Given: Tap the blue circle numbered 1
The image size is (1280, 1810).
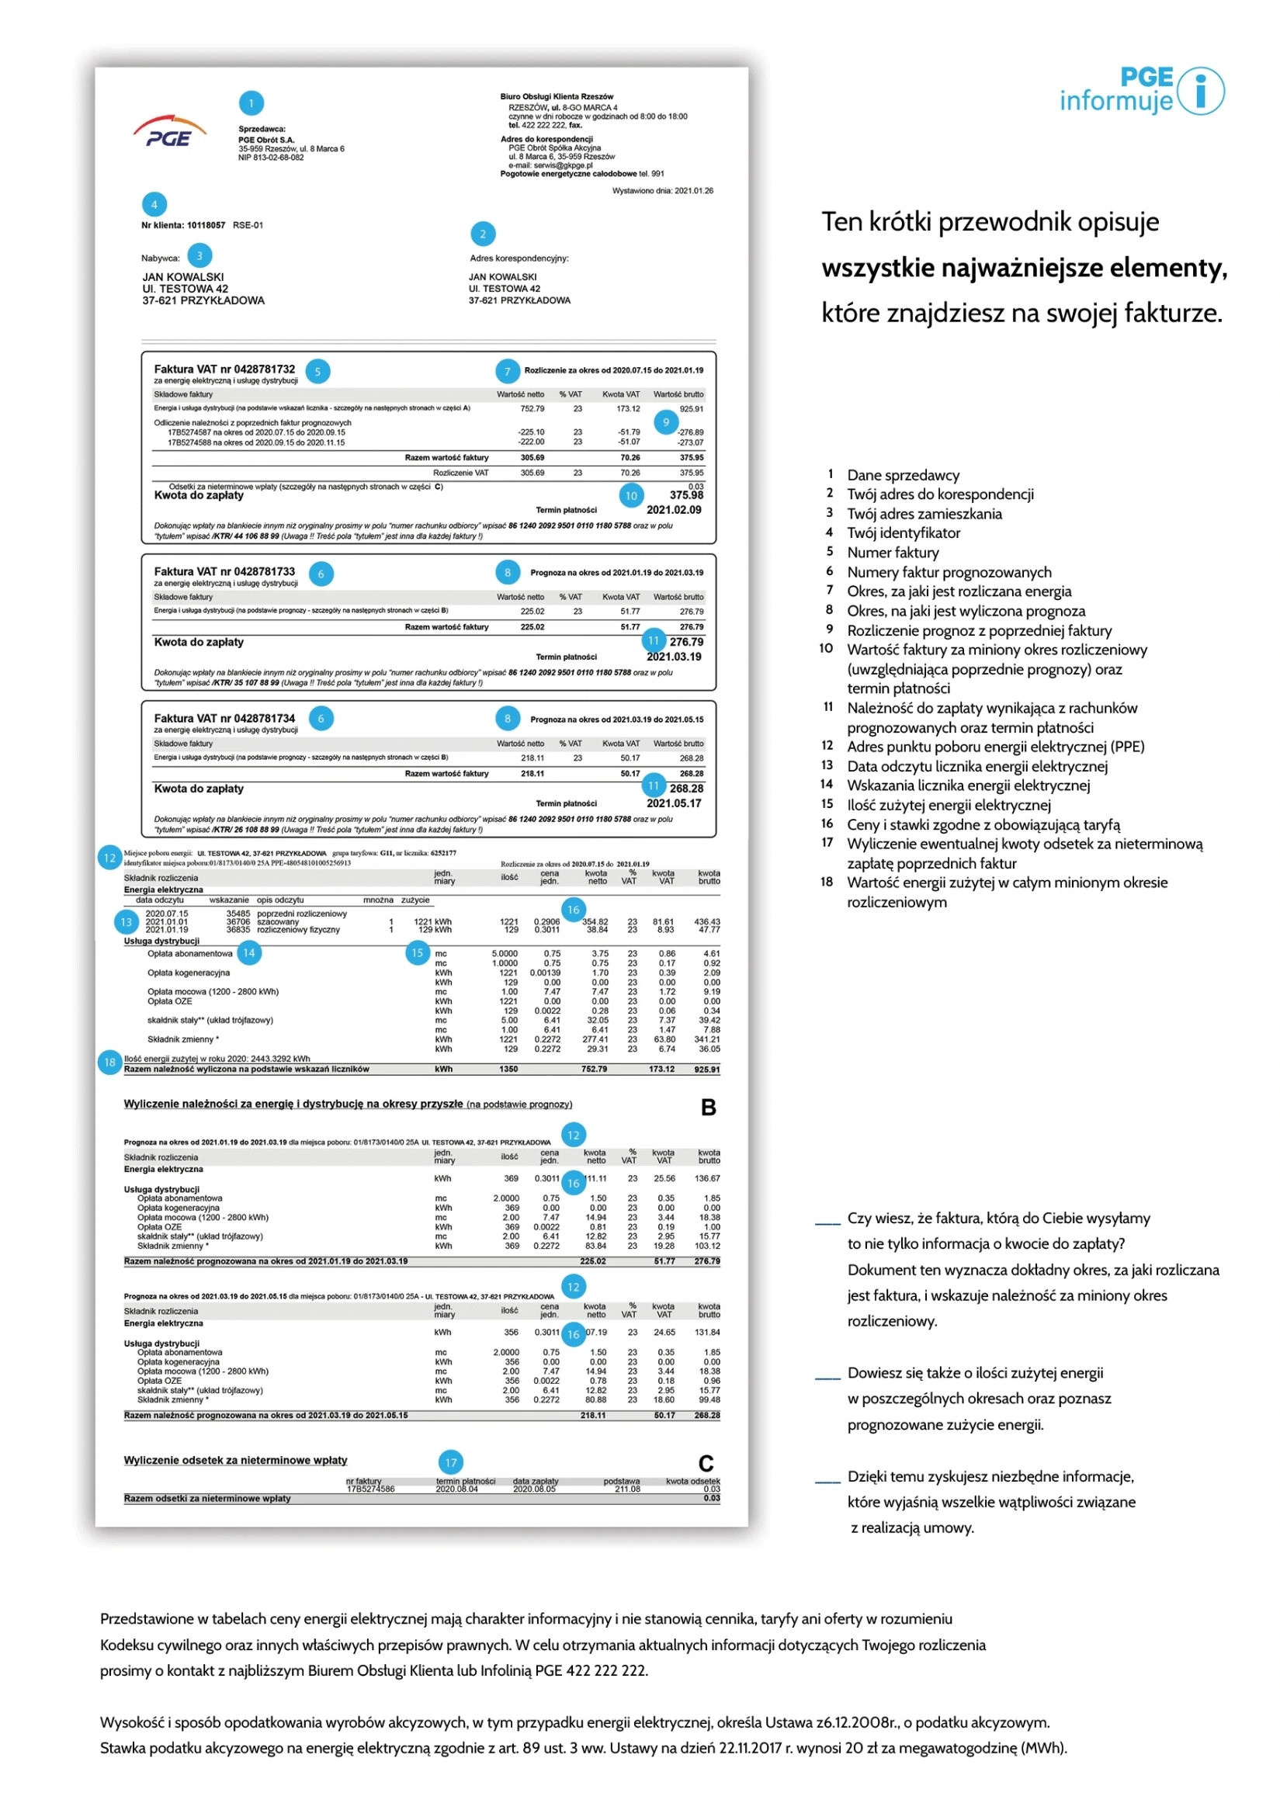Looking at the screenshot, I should [x=251, y=102].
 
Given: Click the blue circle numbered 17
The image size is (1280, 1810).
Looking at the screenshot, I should [x=450, y=1462].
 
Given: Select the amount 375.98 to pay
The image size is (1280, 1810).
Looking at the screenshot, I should [x=685, y=495].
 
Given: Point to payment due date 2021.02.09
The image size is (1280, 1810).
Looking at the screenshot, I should [x=673, y=510].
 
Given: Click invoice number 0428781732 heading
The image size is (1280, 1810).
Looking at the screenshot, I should [x=224, y=369].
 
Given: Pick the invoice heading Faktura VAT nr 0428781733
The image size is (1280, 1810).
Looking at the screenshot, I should [x=224, y=571].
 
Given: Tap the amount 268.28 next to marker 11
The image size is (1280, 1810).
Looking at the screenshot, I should [x=685, y=789].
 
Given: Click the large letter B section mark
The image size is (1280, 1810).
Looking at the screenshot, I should [x=708, y=1108].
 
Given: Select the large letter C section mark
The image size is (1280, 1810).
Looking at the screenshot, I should [x=706, y=1463].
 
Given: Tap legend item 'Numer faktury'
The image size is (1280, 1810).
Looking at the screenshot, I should [x=892, y=553].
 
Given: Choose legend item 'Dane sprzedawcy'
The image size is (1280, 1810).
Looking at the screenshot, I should [x=903, y=475].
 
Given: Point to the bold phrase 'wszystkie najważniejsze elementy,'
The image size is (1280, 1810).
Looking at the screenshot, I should [x=1024, y=268].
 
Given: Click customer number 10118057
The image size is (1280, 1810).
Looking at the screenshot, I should [x=206, y=225].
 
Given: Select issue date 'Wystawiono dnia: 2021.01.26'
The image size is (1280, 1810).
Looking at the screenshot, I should [x=662, y=191].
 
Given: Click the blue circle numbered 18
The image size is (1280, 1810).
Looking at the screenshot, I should [x=109, y=1062].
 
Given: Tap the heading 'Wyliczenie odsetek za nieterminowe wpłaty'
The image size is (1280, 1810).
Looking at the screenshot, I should [x=235, y=1460].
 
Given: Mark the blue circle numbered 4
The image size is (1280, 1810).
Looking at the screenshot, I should [x=154, y=205].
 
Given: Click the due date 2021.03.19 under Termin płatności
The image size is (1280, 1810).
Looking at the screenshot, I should [x=673, y=657].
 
